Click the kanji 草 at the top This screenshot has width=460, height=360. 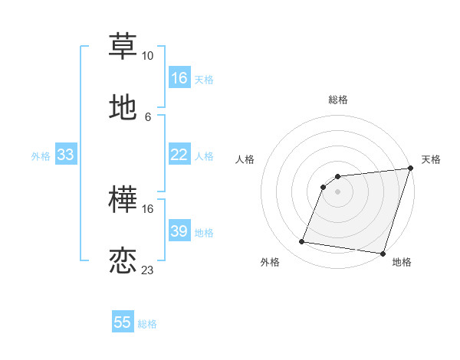point(123,45)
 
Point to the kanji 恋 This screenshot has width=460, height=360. point(123,261)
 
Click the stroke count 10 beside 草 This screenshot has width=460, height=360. point(147,56)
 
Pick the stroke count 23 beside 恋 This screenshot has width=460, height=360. point(147,270)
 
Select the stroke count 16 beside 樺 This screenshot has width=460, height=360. point(147,208)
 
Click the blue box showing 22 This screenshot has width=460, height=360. point(179,155)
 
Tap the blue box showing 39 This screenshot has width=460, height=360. point(179,231)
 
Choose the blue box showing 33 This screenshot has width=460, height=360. point(65,155)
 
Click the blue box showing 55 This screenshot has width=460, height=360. point(123,322)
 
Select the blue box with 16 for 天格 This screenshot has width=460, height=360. point(179,78)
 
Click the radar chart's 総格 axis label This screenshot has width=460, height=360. point(338,100)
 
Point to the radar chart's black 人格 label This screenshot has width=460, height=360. point(246,159)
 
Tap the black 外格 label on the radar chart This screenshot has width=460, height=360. point(270,262)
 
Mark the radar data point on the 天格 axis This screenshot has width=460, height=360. point(410,169)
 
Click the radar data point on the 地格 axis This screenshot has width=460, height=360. point(383,254)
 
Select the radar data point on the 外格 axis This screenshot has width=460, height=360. point(302,242)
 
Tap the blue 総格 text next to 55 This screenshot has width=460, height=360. point(147,324)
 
